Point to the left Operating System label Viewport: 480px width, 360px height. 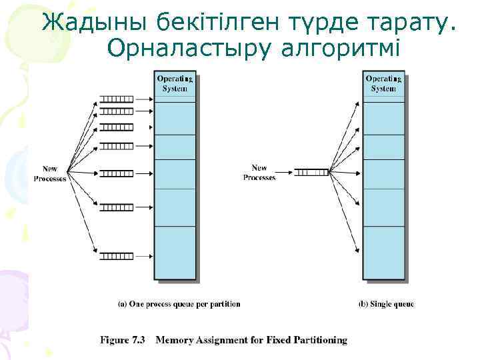coord(175,84)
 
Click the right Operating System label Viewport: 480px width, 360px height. coord(383,84)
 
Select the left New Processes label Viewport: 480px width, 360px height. coord(51,173)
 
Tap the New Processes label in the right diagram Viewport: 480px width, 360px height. coord(259,173)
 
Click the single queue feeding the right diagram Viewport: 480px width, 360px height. coord(311,172)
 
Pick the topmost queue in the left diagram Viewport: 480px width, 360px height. coord(117,100)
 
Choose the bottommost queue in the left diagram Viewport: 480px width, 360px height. coord(117,255)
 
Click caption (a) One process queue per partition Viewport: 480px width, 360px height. coord(179,304)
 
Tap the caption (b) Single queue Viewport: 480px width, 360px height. coord(386,304)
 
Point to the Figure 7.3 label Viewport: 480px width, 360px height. coord(123,340)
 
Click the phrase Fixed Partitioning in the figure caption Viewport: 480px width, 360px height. coord(315,340)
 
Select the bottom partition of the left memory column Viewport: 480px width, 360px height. coord(175,252)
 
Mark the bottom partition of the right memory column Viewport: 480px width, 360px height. coord(383,252)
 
